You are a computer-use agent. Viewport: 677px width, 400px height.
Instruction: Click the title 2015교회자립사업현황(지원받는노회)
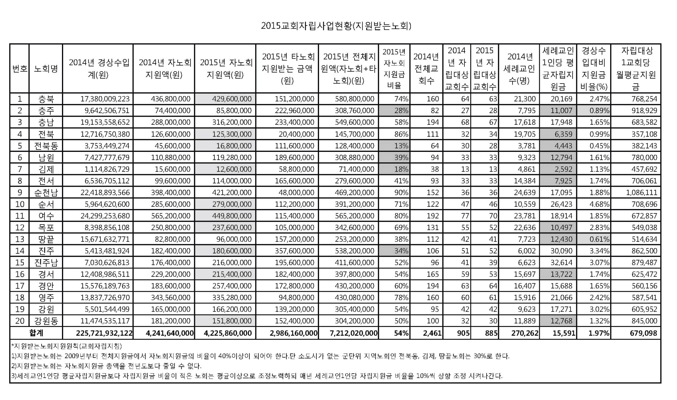(x=336, y=26)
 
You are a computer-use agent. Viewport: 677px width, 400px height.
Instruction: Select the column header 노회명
(x=46, y=69)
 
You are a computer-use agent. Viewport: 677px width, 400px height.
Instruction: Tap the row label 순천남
(x=46, y=193)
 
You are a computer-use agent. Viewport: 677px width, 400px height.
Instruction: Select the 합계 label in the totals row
(x=36, y=333)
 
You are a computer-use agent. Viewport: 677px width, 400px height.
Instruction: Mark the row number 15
(x=20, y=263)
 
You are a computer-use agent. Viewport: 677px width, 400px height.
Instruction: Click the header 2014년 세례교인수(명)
(x=519, y=69)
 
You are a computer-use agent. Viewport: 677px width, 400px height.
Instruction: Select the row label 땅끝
(x=46, y=239)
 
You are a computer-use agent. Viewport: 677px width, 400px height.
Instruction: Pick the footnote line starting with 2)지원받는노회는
(x=106, y=366)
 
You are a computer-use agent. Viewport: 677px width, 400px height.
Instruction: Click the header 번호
(x=20, y=69)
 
